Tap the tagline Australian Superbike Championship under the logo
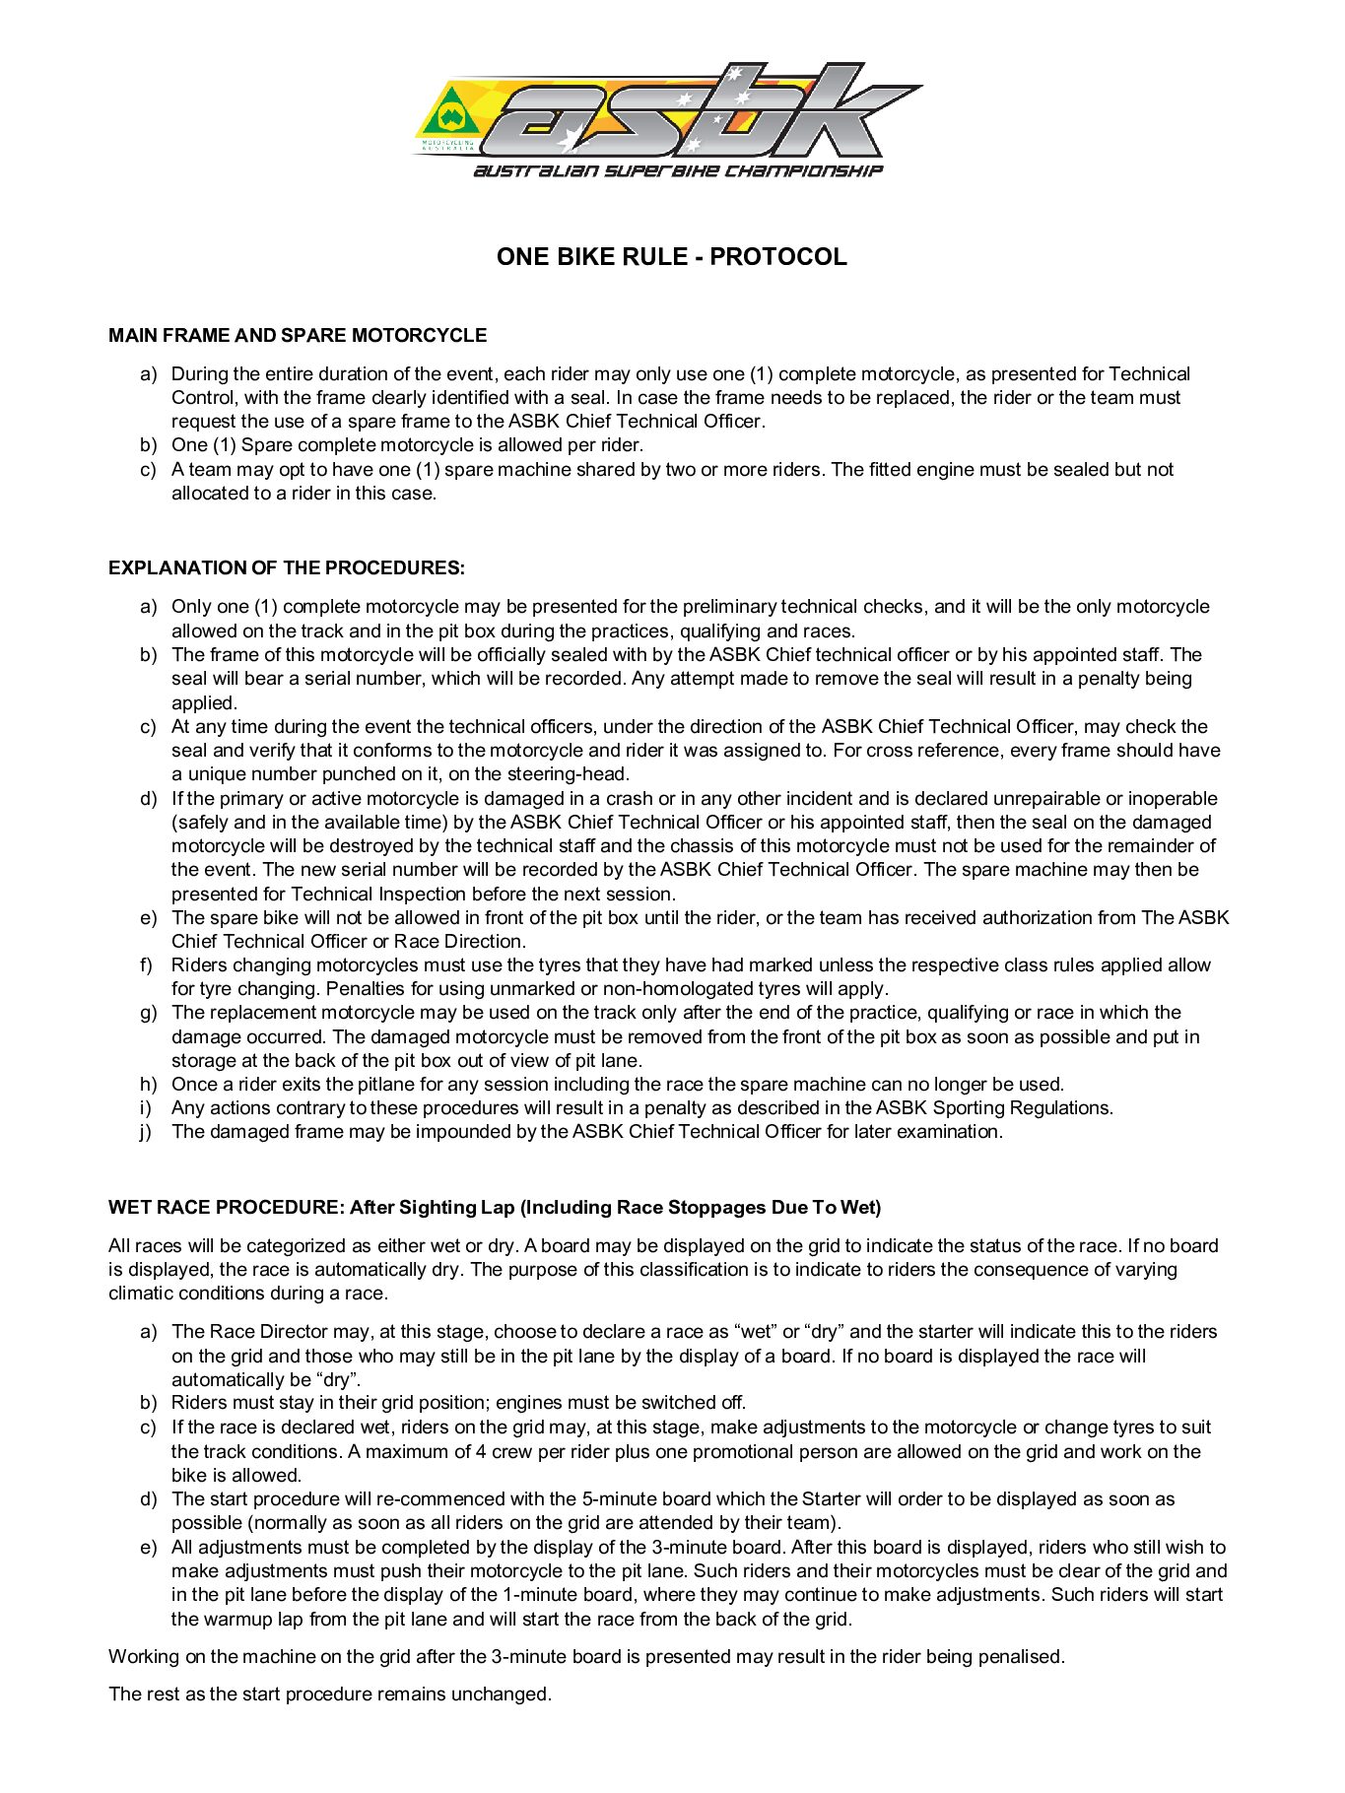(678, 171)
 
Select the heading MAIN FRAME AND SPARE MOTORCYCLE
(298, 336)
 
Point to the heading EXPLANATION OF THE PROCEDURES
(286, 568)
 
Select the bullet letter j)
(146, 1132)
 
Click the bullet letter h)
(147, 1085)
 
